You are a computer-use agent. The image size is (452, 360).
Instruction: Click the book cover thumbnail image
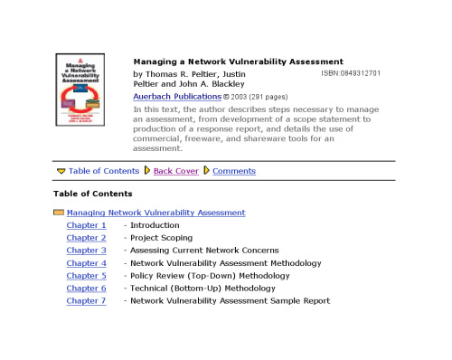click(80, 93)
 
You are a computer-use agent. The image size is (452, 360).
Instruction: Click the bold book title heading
click(238, 62)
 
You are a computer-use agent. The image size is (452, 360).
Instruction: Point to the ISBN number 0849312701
click(349, 73)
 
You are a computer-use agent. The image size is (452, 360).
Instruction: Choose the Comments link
click(234, 171)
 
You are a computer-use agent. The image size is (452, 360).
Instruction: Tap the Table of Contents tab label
click(104, 171)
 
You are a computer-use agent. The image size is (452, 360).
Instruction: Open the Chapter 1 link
click(86, 225)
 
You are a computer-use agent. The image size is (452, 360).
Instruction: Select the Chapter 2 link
click(86, 238)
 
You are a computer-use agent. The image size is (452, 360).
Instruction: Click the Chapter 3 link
click(86, 251)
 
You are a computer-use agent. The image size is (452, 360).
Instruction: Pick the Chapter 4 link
click(86, 263)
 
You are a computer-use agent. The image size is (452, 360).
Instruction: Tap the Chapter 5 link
click(86, 276)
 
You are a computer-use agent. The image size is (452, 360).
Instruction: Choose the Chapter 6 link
click(86, 289)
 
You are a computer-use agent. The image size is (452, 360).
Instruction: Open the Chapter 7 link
click(86, 301)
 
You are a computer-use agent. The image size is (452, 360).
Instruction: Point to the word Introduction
click(155, 225)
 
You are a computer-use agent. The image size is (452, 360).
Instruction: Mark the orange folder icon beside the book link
click(59, 213)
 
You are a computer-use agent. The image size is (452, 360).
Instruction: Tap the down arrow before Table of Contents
click(61, 171)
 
